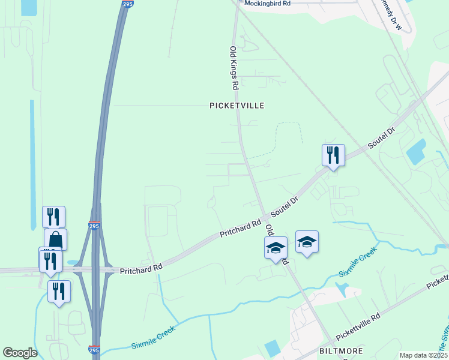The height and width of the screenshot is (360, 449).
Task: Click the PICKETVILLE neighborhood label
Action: (237, 106)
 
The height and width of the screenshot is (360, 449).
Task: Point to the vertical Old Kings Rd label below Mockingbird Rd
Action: (234, 68)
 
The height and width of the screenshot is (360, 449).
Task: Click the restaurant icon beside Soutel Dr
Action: (333, 155)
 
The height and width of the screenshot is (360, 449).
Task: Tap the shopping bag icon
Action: (55, 239)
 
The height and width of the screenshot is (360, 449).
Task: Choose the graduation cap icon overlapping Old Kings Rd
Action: (276, 247)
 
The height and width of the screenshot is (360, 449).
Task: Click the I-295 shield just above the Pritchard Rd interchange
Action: (94, 226)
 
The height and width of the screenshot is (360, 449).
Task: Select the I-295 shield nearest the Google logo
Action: (94, 349)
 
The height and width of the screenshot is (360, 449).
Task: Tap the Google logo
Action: (20, 353)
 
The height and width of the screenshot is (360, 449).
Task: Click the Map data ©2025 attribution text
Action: (423, 355)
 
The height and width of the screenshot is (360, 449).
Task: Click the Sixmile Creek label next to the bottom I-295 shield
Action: (153, 337)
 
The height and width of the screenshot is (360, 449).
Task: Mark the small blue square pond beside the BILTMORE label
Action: (272, 347)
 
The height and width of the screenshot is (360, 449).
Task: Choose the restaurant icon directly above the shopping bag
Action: (53, 217)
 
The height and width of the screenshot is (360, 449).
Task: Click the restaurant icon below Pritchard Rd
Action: (59, 291)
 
